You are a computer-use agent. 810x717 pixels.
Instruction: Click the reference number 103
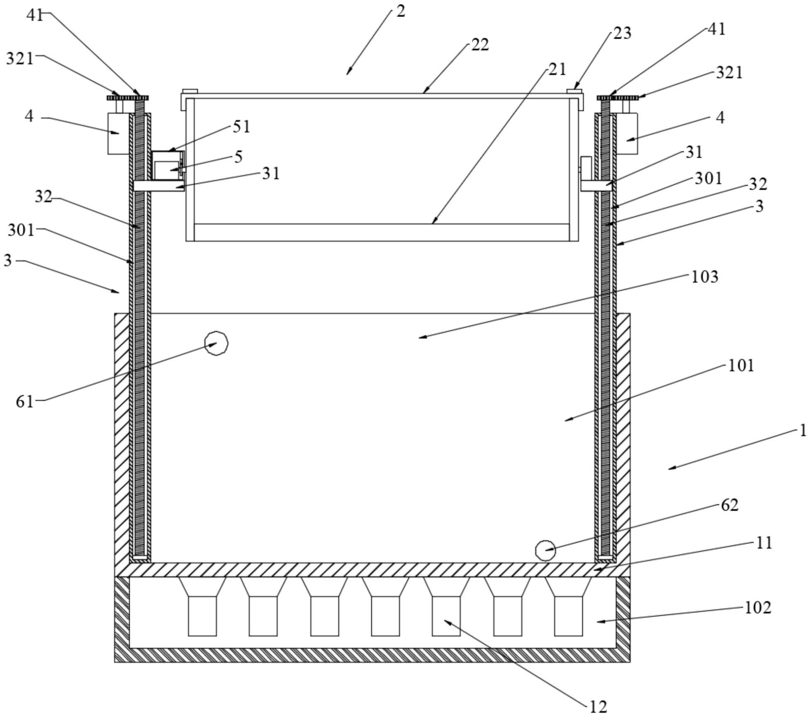[x=704, y=277]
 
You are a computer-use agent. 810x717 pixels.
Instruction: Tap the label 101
[x=741, y=366]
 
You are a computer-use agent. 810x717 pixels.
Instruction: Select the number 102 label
[x=758, y=608]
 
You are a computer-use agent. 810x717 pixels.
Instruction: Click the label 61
[x=25, y=401]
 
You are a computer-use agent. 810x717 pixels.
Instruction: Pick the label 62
[x=730, y=505]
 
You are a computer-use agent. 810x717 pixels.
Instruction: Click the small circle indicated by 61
[x=216, y=343]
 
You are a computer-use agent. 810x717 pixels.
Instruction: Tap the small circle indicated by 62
[x=545, y=551]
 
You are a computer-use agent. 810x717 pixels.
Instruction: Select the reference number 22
[x=480, y=45]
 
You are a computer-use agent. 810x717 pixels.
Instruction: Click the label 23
[x=622, y=33]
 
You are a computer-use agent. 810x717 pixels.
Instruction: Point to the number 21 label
[x=557, y=69]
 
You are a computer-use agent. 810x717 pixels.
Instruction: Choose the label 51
[x=241, y=127]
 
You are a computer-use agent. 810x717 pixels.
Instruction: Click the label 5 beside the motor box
[x=238, y=157]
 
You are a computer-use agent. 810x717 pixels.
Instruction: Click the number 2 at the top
[x=400, y=11]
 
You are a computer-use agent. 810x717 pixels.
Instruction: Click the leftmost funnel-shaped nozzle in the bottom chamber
[x=202, y=607]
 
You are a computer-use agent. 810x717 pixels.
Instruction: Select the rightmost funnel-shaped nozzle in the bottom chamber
[x=568, y=607]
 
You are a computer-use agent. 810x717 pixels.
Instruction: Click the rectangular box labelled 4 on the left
[x=118, y=133]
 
